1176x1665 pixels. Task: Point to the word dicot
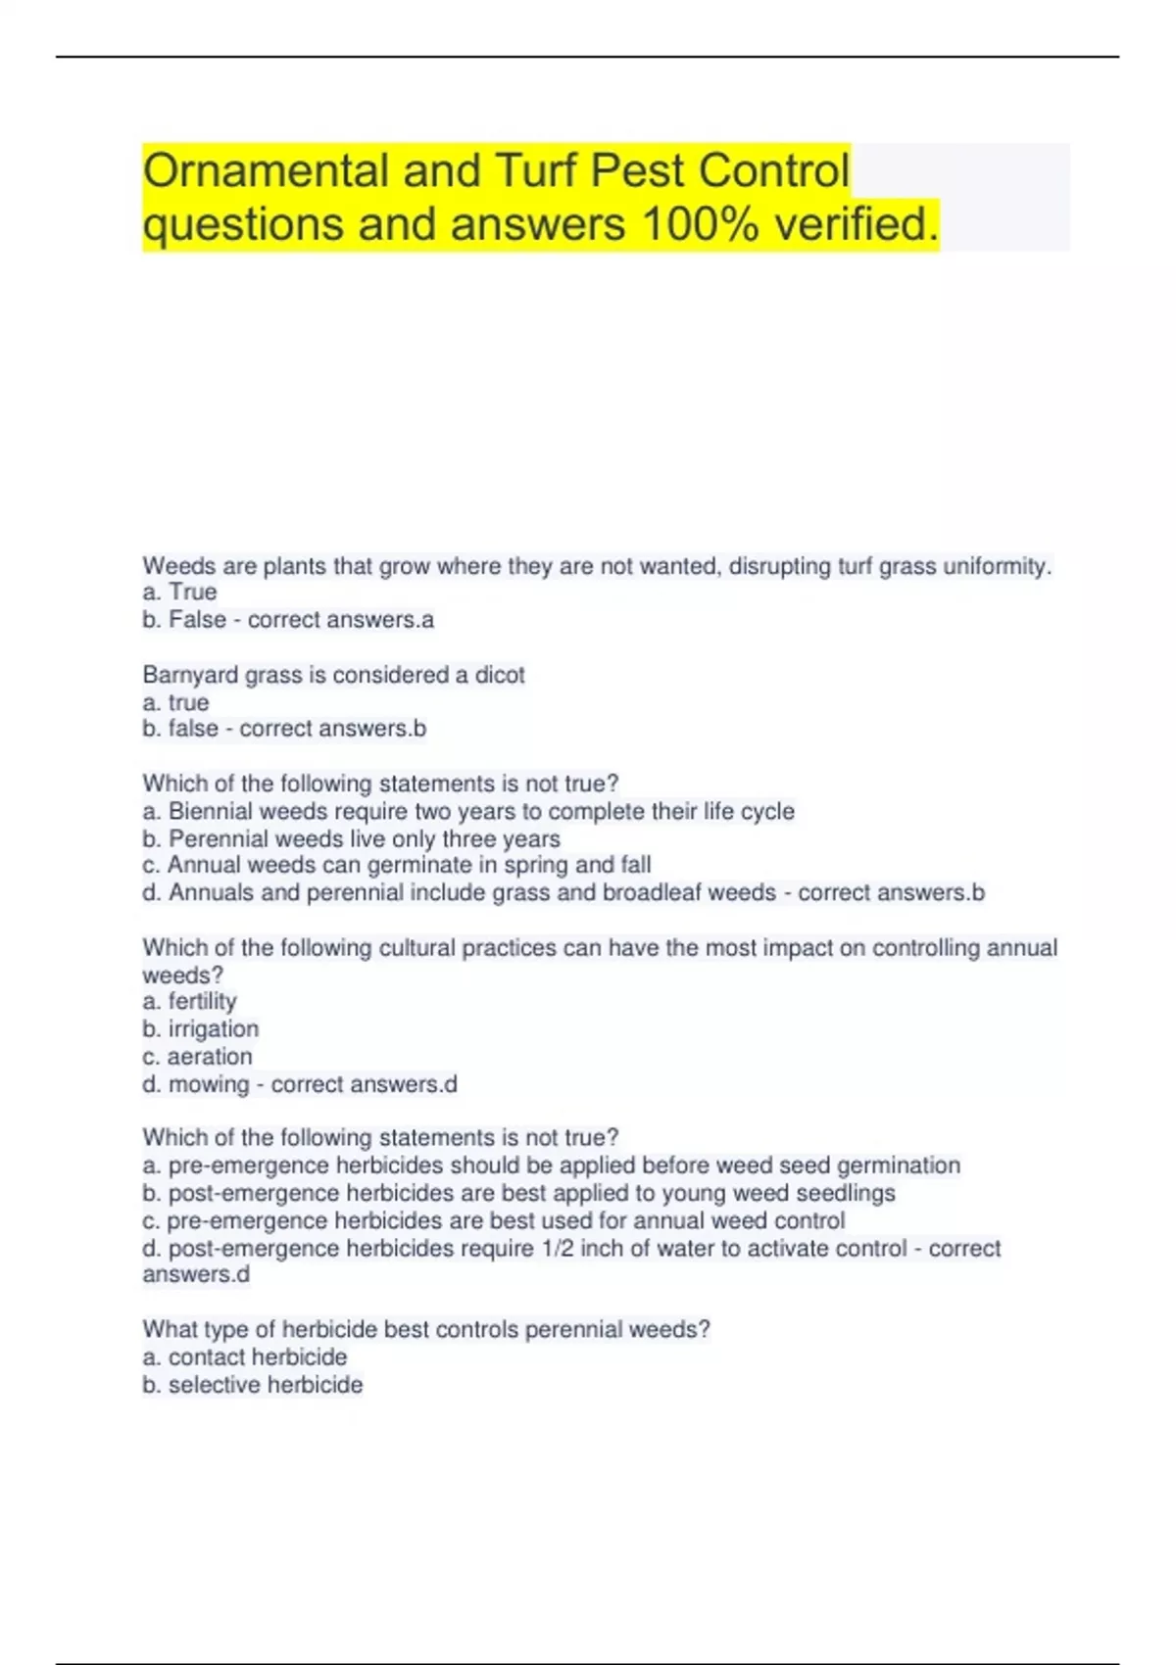pos(500,675)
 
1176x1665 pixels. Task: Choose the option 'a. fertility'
pos(190,1002)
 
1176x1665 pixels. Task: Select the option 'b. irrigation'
pos(201,1029)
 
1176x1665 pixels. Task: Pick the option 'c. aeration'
pos(197,1057)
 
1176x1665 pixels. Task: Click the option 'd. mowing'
pos(196,1084)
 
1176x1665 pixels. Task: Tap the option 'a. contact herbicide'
pos(245,1357)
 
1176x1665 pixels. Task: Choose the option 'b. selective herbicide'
pos(253,1385)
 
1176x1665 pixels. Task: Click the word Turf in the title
pos(538,171)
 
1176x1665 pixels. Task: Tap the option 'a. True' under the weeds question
pos(179,593)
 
